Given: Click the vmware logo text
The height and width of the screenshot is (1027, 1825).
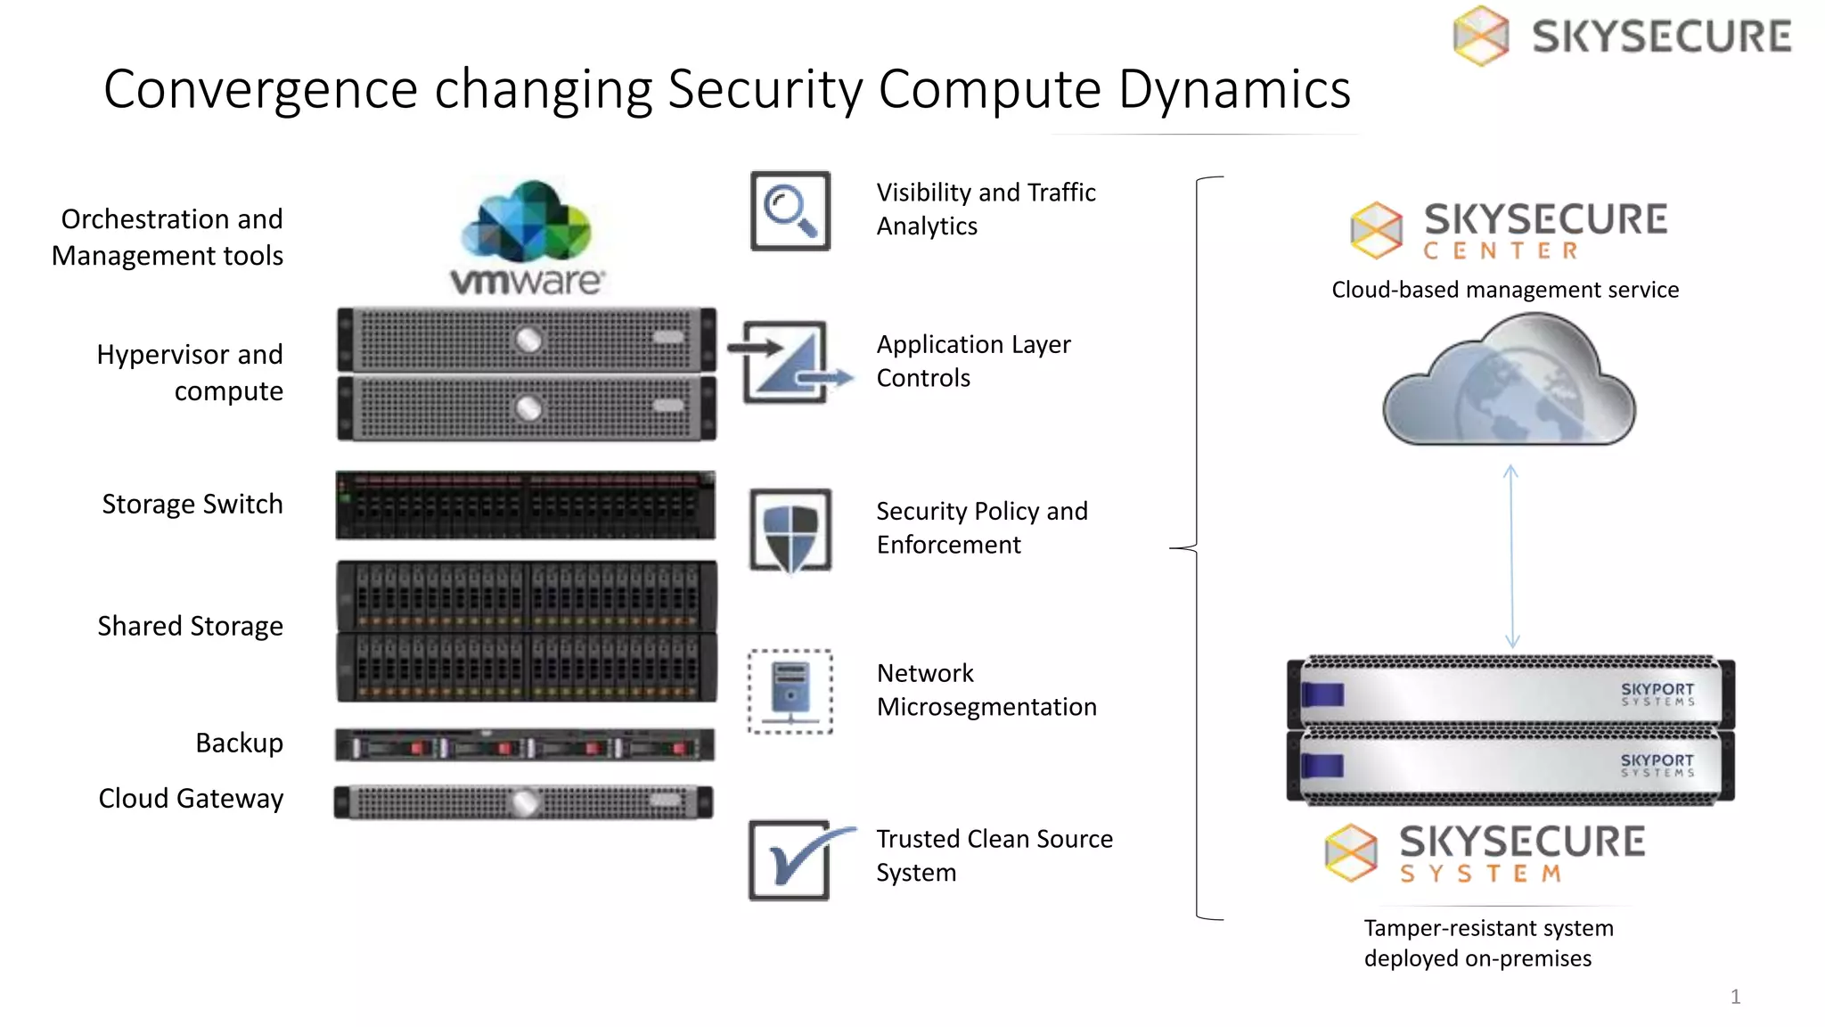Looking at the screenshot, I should [527, 281].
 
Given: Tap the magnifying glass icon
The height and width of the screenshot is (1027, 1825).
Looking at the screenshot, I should [790, 211].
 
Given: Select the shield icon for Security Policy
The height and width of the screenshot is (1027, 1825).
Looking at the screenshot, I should [790, 530].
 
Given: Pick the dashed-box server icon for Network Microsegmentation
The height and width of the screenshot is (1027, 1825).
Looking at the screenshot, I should [790, 692].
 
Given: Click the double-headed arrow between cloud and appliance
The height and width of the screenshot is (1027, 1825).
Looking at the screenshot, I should [1511, 555].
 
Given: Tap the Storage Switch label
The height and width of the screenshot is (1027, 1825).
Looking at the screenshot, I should [192, 505].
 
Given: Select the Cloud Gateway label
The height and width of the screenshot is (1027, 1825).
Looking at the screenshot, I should [191, 799].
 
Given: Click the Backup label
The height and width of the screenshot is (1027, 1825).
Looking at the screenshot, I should [239, 744].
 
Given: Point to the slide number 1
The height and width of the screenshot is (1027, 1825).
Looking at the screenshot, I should [1734, 997].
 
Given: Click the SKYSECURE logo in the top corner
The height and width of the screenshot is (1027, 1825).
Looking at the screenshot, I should [1622, 37].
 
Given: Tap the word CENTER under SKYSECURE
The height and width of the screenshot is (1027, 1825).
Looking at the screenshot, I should [1501, 251].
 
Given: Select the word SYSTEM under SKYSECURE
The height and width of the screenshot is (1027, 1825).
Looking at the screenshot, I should [1480, 874].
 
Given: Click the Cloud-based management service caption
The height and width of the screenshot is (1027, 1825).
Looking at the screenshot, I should [1504, 290].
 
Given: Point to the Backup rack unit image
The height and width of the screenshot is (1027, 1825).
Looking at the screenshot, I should [524, 745].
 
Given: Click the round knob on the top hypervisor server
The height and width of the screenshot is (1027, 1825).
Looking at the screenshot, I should [528, 340].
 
